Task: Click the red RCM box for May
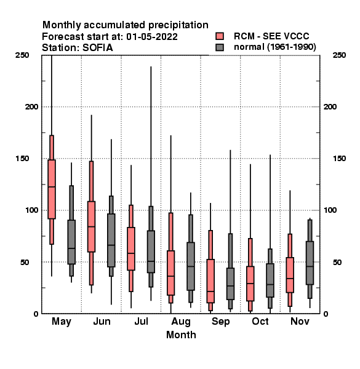point(52,189)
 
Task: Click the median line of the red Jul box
point(131,253)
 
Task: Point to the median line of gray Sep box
point(230,286)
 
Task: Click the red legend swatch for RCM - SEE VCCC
point(220,36)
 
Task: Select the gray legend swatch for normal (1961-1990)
point(220,47)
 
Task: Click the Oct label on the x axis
point(260,322)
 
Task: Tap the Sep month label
point(220,322)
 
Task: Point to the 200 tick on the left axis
point(32,107)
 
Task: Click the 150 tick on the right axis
point(339,159)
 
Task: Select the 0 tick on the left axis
point(36,314)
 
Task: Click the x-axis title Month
point(181,335)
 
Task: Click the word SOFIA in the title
point(97,48)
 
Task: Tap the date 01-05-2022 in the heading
point(152,37)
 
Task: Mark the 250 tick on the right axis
point(339,55)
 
